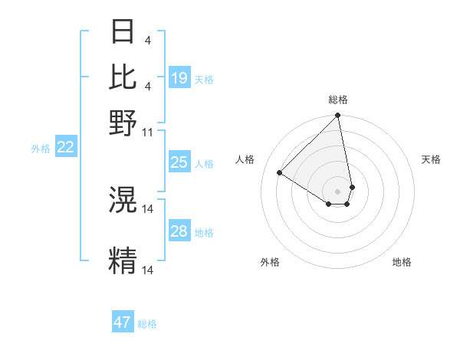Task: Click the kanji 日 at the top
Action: point(123,31)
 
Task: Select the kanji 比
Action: point(123,77)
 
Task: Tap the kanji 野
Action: point(123,122)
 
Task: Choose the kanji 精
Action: point(123,260)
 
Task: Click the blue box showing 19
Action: point(179,78)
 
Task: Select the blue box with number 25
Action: point(179,162)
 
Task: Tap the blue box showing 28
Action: point(179,231)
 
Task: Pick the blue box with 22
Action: point(66,148)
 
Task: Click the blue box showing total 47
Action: point(123,322)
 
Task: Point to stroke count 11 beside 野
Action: point(148,132)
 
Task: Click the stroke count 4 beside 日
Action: point(147,40)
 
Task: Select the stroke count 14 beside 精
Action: point(148,270)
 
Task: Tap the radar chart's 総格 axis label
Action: point(337,100)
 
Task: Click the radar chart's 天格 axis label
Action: point(432,159)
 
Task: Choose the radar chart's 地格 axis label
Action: point(402,263)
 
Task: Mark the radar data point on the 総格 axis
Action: point(337,116)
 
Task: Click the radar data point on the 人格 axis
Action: point(280,173)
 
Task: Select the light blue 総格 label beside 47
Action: point(147,324)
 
